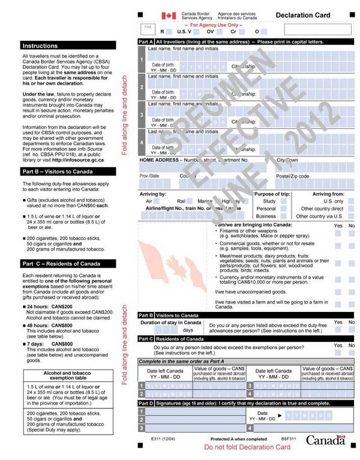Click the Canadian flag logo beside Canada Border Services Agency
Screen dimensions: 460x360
point(169,16)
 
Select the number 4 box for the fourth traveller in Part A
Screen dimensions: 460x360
point(142,143)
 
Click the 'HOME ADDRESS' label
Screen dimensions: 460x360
point(158,161)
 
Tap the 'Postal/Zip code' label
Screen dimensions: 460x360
point(293,176)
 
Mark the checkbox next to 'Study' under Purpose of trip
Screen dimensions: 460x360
point(286,202)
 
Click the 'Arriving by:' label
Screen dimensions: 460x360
point(152,194)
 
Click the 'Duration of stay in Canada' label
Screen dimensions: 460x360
point(170,323)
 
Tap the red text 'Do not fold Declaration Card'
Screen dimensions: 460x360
point(242,448)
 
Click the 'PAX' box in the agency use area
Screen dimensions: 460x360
point(148,28)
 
